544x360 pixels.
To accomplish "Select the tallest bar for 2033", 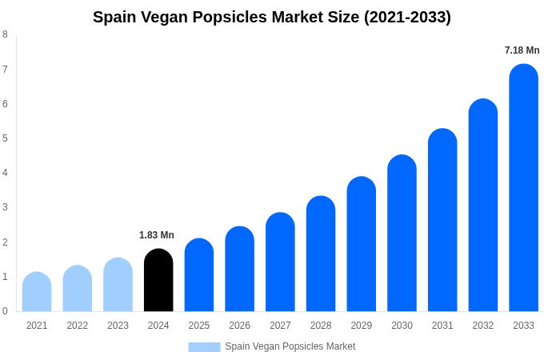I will coord(523,188).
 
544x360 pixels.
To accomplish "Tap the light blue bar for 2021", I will coord(37,292).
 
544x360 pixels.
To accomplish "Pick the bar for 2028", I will coord(321,254).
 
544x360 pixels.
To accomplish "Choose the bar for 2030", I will coord(402,233).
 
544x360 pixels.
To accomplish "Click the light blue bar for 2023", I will coord(118,285).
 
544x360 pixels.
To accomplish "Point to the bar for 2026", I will coord(239,269).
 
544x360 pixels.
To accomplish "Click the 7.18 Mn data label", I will coord(522,50).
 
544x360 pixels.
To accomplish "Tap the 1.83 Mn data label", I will coord(156,235).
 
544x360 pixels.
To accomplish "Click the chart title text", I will coord(272,17).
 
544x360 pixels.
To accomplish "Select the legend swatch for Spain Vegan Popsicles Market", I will coord(204,347).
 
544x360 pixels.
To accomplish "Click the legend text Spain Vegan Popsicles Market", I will coord(290,346).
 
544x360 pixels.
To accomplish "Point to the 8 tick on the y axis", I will coord(5,34).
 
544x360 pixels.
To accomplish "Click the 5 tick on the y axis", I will coord(5,138).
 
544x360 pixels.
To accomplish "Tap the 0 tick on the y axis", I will coord(5,311).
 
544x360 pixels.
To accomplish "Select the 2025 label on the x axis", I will coord(199,326).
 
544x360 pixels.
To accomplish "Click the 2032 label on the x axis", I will coord(483,326).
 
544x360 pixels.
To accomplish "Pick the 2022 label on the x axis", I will coord(78,326).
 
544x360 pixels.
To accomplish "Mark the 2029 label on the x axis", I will coord(362,326).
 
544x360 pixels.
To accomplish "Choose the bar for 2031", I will coord(442,220).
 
